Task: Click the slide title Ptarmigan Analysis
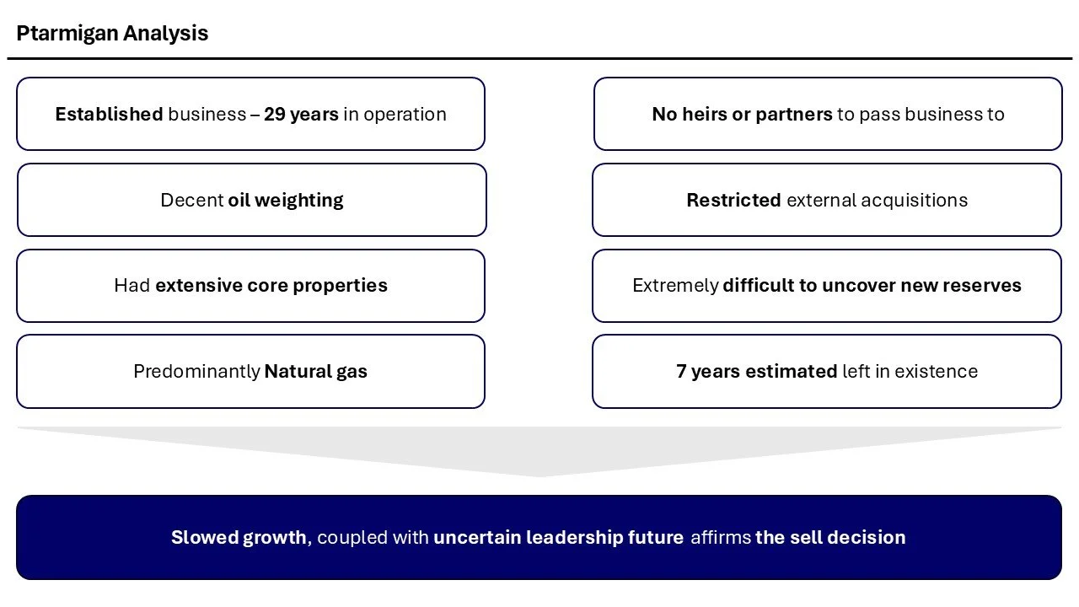coord(112,34)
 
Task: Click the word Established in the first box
coord(109,115)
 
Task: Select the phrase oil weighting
coord(286,201)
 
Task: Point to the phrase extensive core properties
coord(271,286)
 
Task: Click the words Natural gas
coord(316,372)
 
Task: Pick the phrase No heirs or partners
coord(742,115)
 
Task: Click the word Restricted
coord(733,201)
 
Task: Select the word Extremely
coord(675,286)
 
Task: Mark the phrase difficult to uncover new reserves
coord(872,286)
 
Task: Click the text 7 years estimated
coord(756,372)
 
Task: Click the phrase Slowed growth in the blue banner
coord(239,538)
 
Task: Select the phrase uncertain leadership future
coord(558,538)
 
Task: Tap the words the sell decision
coord(830,538)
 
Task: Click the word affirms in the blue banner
coord(721,538)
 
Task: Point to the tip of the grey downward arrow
coord(539,475)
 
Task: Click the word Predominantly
coord(196,372)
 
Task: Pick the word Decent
coord(191,201)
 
